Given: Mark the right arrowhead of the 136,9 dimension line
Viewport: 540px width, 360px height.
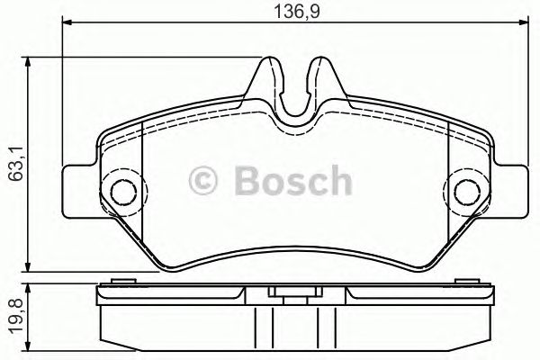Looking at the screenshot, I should (521, 28).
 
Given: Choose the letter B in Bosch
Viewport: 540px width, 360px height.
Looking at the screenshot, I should (248, 183).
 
